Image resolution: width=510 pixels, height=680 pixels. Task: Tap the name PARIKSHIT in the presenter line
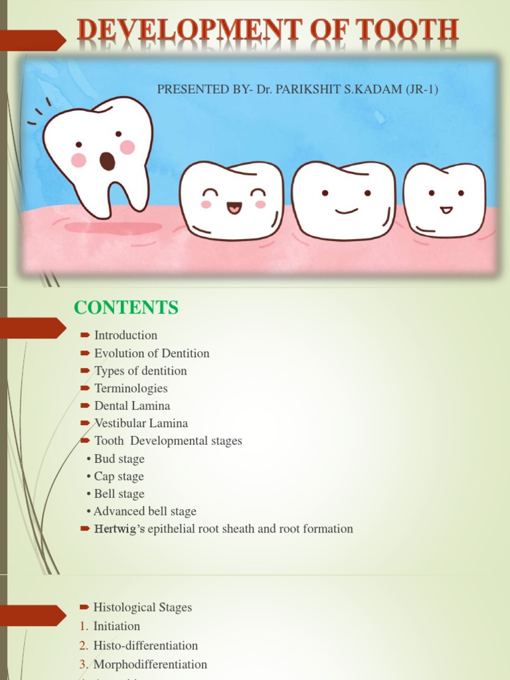pos(302,89)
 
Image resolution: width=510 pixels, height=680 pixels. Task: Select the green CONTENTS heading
pos(126,307)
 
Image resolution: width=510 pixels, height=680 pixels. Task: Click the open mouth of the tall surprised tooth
pos(107,161)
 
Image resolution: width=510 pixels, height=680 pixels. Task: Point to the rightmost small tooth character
pos(444,199)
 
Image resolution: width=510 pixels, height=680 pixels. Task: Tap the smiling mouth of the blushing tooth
pos(234,208)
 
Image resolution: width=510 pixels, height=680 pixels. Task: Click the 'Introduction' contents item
pos(126,335)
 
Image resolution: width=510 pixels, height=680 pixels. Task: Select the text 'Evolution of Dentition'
pos(151,353)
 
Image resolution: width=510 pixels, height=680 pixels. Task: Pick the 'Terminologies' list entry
pos(131,388)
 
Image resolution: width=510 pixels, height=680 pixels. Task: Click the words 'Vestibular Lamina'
pos(141,423)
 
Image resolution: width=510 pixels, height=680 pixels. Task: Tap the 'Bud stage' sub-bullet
pos(119,459)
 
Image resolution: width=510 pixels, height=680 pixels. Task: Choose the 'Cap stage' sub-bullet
pos(118,476)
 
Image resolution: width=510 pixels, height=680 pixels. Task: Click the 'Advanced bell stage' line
pos(145,511)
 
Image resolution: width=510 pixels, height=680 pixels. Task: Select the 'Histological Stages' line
pos(142,607)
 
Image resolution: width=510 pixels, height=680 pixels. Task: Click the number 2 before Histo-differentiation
pos(83,645)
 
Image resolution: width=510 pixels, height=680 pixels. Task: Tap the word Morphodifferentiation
pos(150,664)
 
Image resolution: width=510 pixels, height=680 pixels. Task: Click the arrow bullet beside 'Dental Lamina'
pos(84,406)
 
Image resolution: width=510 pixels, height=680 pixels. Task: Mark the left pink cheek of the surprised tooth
pos(78,160)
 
